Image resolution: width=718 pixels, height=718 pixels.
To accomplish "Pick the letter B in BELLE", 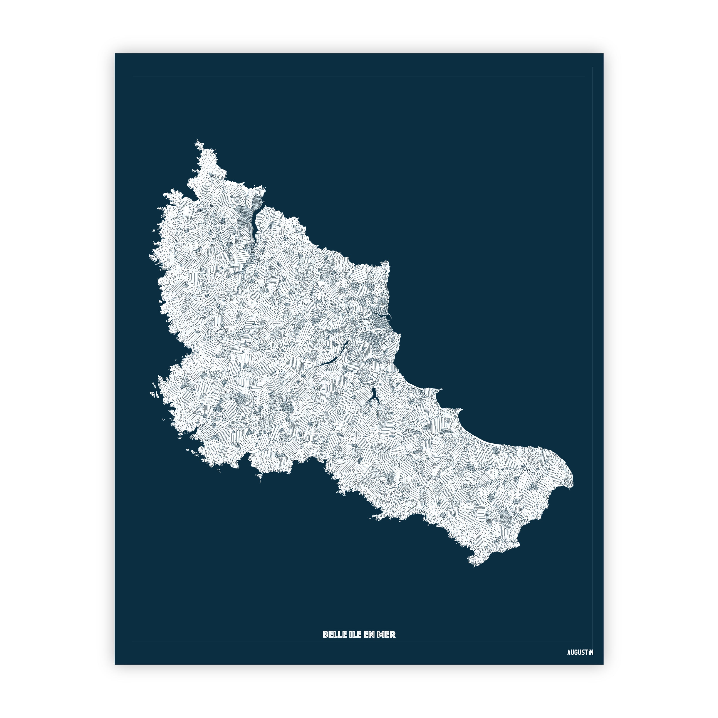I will coord(325,634).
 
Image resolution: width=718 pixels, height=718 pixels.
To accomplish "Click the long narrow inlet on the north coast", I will coord(256,227).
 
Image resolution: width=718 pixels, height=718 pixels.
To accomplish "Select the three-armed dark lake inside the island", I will coord(373,398).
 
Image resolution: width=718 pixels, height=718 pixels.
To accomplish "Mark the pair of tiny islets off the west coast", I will coord(153,393).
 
